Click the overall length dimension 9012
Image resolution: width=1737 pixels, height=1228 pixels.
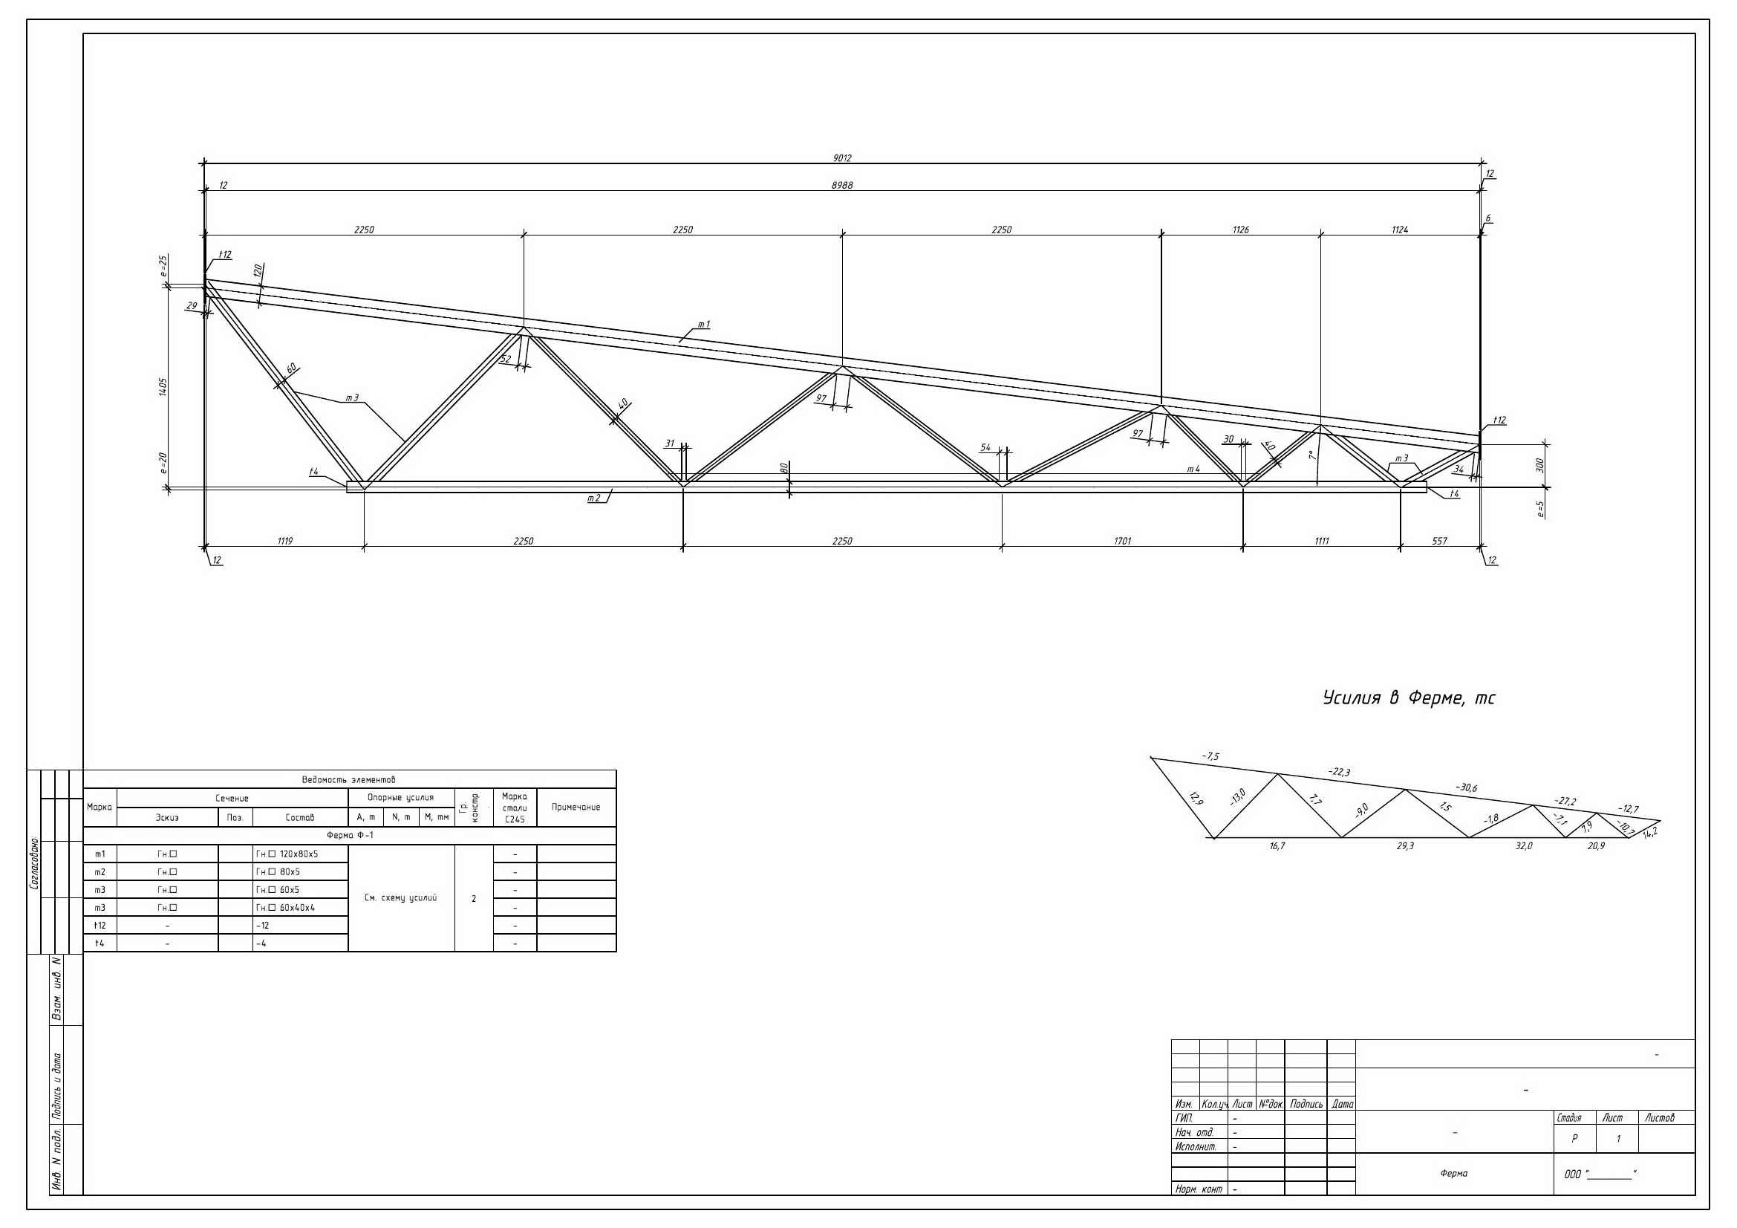click(x=842, y=158)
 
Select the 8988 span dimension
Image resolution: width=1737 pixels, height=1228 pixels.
click(x=842, y=186)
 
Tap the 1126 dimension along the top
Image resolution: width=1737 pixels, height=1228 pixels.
click(x=1241, y=230)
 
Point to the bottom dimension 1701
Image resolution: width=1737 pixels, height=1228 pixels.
click(x=1123, y=541)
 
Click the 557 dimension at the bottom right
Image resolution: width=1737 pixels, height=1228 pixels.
click(x=1440, y=541)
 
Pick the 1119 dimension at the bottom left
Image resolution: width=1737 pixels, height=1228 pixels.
click(x=284, y=541)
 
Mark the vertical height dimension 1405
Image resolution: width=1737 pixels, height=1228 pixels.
click(x=163, y=386)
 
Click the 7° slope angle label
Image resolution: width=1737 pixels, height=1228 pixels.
click(x=1312, y=455)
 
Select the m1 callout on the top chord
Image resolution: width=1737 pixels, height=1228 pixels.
click(x=703, y=325)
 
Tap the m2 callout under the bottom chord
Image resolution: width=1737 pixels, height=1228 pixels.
click(x=594, y=498)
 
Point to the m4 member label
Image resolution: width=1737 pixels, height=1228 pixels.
click(x=1193, y=469)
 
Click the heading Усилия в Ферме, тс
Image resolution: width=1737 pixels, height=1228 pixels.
click(x=1409, y=698)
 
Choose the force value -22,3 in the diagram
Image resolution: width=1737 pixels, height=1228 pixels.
click(x=1339, y=772)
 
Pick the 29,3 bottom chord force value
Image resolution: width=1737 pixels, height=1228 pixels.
click(x=1405, y=846)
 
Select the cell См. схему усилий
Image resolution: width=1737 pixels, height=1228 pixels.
click(x=400, y=898)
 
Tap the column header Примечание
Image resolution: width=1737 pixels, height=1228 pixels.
click(x=576, y=808)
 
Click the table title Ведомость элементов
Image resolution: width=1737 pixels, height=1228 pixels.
click(x=349, y=779)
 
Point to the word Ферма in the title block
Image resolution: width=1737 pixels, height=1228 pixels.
click(x=1454, y=1174)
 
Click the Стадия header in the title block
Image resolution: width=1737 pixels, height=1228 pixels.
click(x=1569, y=1117)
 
